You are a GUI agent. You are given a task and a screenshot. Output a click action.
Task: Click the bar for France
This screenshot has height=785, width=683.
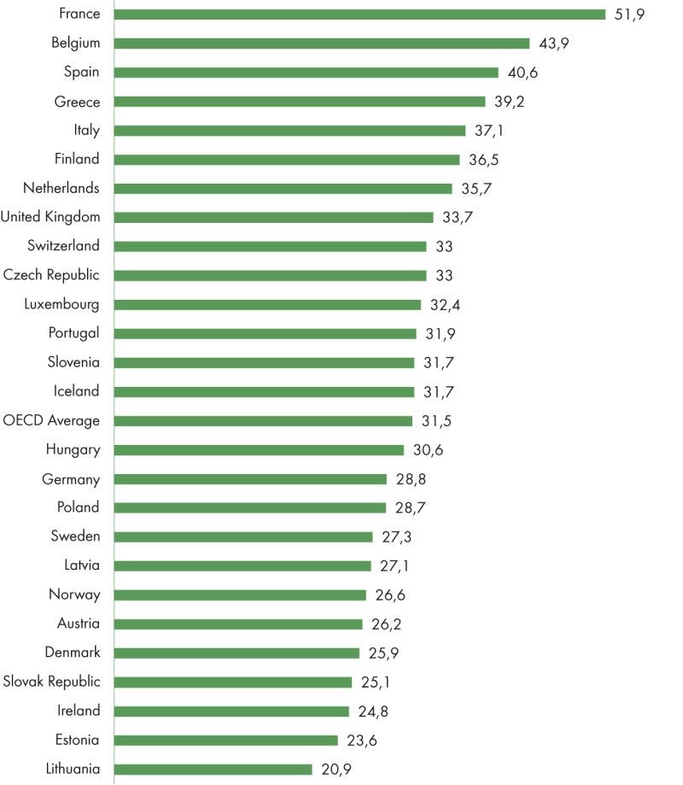coord(359,15)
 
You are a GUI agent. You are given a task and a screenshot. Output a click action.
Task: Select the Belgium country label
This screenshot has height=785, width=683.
coord(75,43)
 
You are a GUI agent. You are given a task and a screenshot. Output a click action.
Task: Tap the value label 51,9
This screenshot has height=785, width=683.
coord(629,15)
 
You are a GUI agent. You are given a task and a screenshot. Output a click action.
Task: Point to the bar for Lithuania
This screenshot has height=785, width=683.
coord(213,769)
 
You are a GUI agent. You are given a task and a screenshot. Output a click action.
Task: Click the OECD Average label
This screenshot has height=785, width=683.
coord(51,420)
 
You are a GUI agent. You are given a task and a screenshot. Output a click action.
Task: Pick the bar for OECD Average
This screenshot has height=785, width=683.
coord(263,421)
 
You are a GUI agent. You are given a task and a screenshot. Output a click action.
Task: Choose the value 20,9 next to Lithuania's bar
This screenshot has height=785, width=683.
coord(336,769)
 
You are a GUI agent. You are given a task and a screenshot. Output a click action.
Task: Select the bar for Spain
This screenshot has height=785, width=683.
coord(306,73)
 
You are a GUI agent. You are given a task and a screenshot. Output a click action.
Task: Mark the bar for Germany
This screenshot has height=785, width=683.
coord(250,479)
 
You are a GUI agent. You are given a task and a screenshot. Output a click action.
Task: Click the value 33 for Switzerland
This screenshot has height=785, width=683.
coord(444,247)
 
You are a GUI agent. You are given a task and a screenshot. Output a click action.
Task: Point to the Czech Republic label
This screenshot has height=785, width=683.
coord(51,275)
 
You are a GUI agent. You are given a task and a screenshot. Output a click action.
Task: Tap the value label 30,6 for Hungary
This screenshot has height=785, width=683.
coord(427,450)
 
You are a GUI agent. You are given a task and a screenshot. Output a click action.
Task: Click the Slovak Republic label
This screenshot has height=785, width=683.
coord(51,682)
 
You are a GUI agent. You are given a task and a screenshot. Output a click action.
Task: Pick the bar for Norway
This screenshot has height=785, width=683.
coord(240,595)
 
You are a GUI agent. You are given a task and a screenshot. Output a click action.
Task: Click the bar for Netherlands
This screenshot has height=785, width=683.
coord(283,189)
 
